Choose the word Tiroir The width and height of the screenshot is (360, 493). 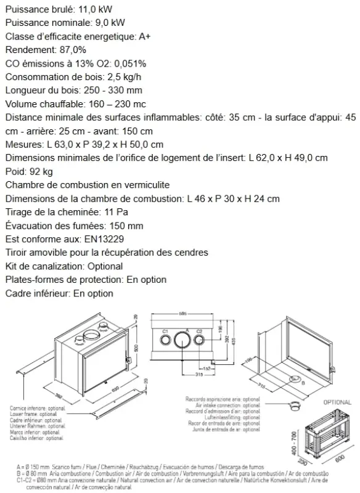[x=17, y=253]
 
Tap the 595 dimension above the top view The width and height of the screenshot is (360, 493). [x=182, y=314]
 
